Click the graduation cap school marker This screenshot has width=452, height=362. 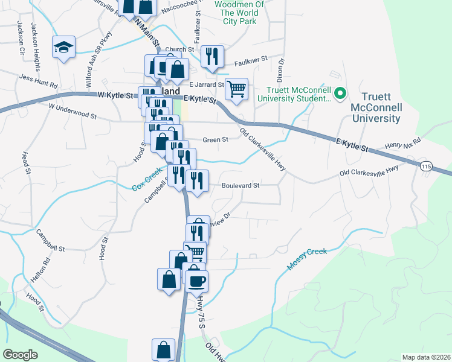tap(63, 48)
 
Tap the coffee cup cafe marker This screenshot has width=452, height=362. tap(196, 281)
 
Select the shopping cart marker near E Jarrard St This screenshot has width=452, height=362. tap(236, 89)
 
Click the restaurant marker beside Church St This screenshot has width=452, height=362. tap(212, 57)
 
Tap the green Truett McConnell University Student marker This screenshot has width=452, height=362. tap(340, 94)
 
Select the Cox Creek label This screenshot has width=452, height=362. tap(147, 180)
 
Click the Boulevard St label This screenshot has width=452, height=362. tap(240, 185)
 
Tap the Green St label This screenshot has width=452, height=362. tap(215, 139)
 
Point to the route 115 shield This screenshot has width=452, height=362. tap(427, 166)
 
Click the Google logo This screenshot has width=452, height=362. tap(21, 354)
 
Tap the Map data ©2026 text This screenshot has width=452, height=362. tap(426, 357)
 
